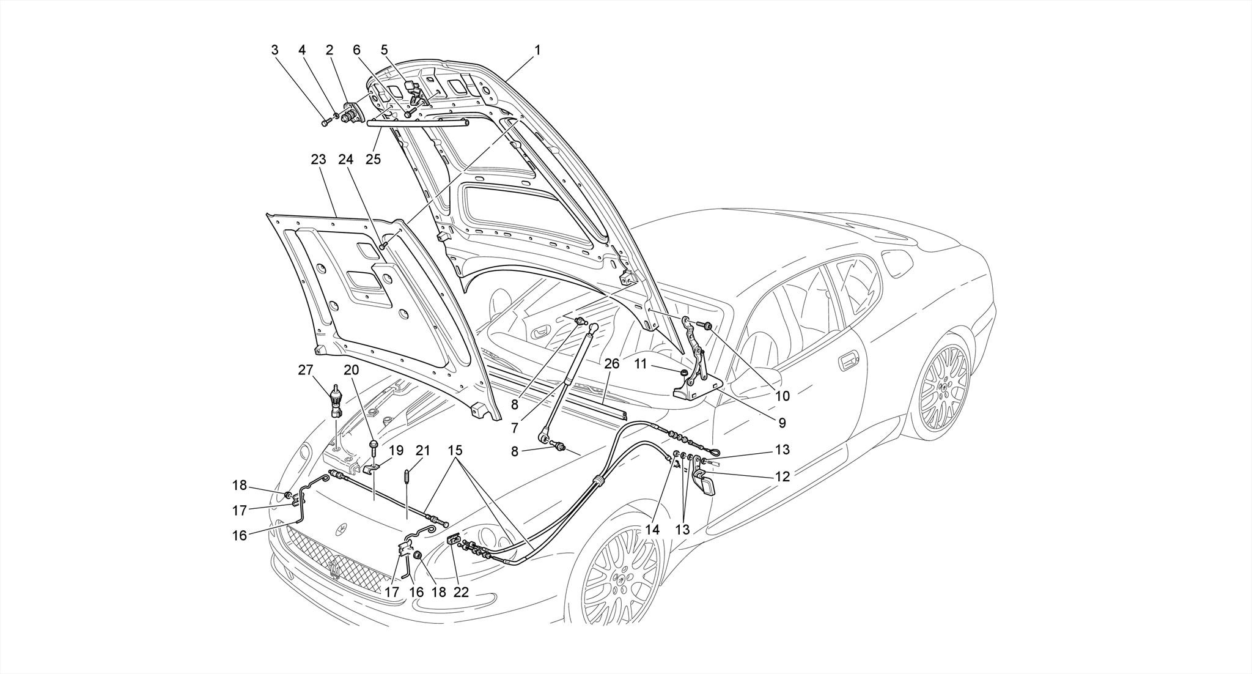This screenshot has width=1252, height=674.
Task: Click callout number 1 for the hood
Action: tap(537, 50)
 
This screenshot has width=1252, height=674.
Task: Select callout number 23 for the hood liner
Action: tap(319, 160)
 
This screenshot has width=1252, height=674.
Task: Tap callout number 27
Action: tap(306, 370)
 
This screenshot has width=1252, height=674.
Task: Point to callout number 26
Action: tap(612, 363)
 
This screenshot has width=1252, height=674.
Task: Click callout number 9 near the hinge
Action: tap(782, 422)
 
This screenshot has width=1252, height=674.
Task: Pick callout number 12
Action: tap(782, 476)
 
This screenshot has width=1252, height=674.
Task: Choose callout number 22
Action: tap(461, 591)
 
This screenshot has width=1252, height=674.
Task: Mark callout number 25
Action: tap(373, 159)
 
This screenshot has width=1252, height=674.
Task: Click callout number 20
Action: tap(352, 370)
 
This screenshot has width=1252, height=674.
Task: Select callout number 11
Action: tap(640, 364)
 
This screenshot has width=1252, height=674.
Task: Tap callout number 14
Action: tap(652, 530)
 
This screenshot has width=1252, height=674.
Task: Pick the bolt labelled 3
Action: tap(325, 122)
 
